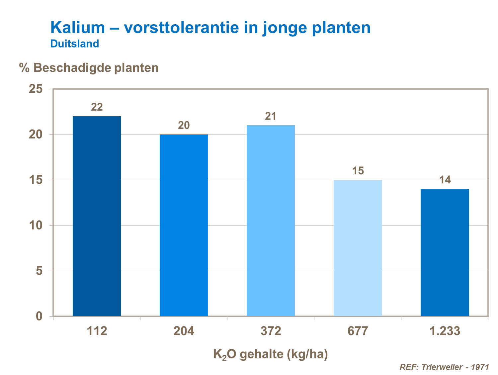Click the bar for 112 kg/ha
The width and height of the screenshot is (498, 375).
click(x=97, y=216)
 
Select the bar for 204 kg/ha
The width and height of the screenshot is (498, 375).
click(x=184, y=225)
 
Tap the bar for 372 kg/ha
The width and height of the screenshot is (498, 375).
click(x=271, y=221)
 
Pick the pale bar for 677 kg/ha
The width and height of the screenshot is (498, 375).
click(x=358, y=248)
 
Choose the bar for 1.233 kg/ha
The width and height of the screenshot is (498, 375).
click(x=445, y=252)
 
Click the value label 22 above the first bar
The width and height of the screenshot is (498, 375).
click(x=97, y=107)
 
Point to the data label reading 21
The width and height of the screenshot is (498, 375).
click(x=271, y=116)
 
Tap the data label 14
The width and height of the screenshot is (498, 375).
click(x=445, y=180)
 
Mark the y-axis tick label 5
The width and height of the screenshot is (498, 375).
click(x=40, y=271)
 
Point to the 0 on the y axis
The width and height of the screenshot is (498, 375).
click(x=40, y=316)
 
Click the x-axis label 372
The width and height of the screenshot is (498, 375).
click(x=271, y=331)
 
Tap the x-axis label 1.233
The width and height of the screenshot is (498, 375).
click(x=445, y=331)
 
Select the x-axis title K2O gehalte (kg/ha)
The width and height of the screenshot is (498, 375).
click(x=270, y=354)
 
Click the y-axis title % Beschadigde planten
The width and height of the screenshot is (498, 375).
click(x=89, y=68)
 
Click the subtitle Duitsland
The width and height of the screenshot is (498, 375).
click(x=75, y=44)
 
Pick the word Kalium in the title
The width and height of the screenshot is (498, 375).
click(x=78, y=27)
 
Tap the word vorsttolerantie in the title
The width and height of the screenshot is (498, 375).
click(x=181, y=27)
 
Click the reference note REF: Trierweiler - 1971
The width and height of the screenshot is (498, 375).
click(x=444, y=367)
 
